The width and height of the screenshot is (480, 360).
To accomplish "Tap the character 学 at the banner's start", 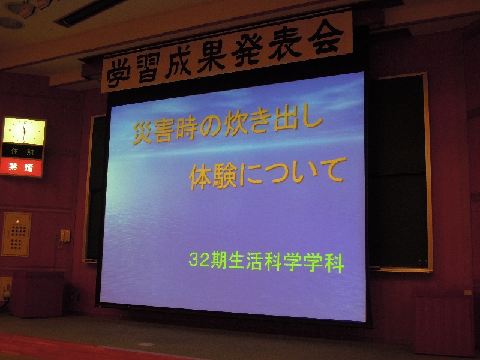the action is point(119,74).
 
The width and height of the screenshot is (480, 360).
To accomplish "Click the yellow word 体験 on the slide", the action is point(214,176).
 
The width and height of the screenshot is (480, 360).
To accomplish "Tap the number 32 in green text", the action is point(200,260).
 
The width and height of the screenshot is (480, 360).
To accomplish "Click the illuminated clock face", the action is point(24,131).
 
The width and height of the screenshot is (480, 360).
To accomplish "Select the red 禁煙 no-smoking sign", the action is point(21,167).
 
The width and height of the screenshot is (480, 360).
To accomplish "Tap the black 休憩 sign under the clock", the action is point(22,151).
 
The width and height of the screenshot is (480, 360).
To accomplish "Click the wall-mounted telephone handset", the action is point(65,236).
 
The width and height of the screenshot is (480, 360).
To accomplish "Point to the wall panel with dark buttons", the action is point(17,234).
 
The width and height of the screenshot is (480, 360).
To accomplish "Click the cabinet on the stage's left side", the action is point(37,294).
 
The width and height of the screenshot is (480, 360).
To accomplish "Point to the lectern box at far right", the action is point(444,322).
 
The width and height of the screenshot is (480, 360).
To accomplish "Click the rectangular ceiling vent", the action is point(89,13).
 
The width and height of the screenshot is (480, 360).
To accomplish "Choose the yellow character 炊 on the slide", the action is point(236,125).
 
